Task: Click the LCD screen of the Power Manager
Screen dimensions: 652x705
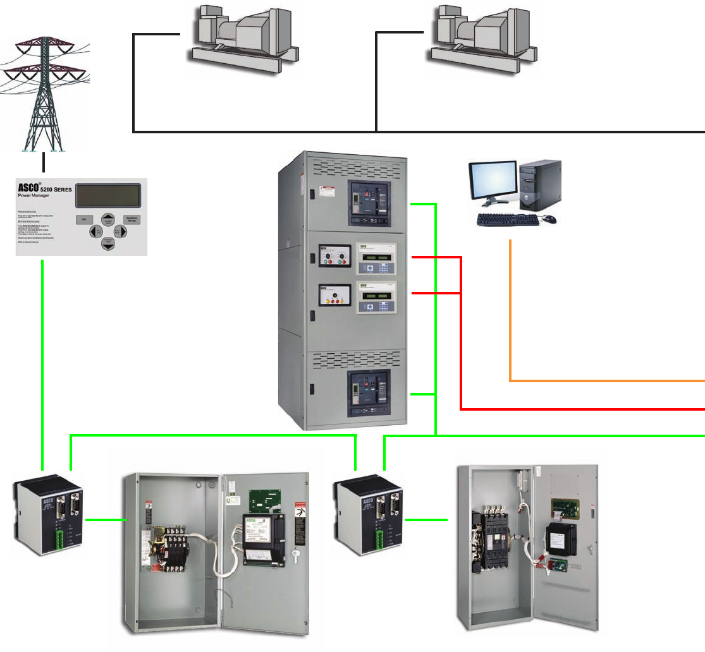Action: tap(107, 196)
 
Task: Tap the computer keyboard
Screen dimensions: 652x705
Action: tap(508, 220)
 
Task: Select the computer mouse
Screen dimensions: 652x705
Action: tap(549, 219)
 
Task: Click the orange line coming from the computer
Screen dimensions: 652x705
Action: tap(601, 381)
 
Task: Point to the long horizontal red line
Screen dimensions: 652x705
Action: tap(582, 409)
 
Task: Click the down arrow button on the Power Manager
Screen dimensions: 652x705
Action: tap(108, 244)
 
